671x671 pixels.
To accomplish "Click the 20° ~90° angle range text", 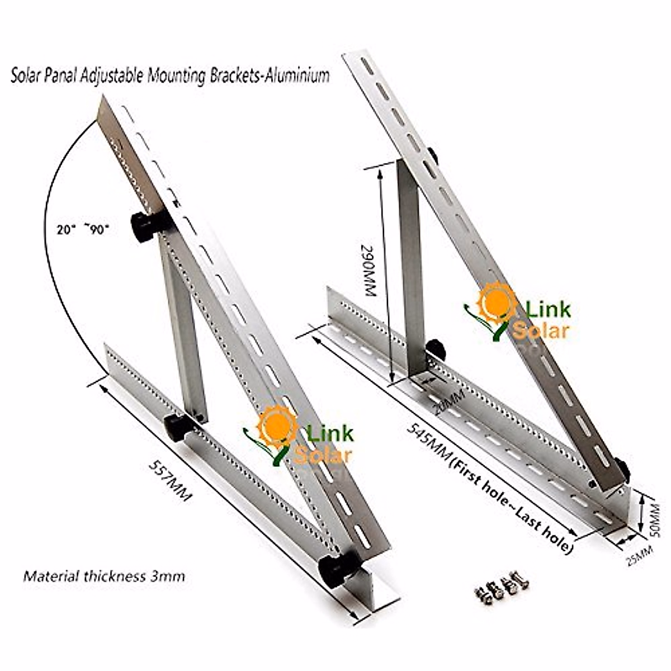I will pyautogui.click(x=82, y=229).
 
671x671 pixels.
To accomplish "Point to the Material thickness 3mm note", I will pyautogui.click(x=104, y=575).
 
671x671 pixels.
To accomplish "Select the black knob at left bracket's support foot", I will pyautogui.click(x=179, y=427).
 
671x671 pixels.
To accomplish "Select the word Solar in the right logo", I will pyautogui.click(x=541, y=330).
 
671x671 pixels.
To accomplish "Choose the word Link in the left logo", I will pyautogui.click(x=330, y=433).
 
